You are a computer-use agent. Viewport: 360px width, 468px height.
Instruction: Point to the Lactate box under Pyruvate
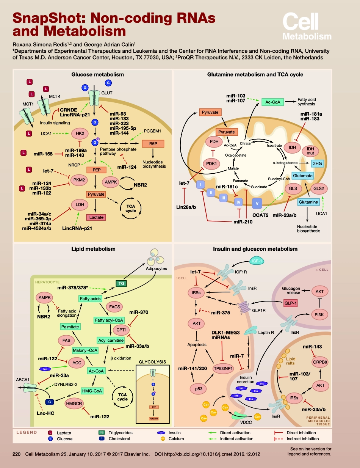point(95,217)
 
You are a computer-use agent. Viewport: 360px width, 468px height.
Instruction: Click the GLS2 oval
point(318,188)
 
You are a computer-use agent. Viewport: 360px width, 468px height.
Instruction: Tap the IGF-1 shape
point(258,261)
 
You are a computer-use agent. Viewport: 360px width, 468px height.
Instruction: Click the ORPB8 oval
point(320,362)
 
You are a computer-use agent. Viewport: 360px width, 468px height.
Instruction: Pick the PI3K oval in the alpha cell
point(320,314)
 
